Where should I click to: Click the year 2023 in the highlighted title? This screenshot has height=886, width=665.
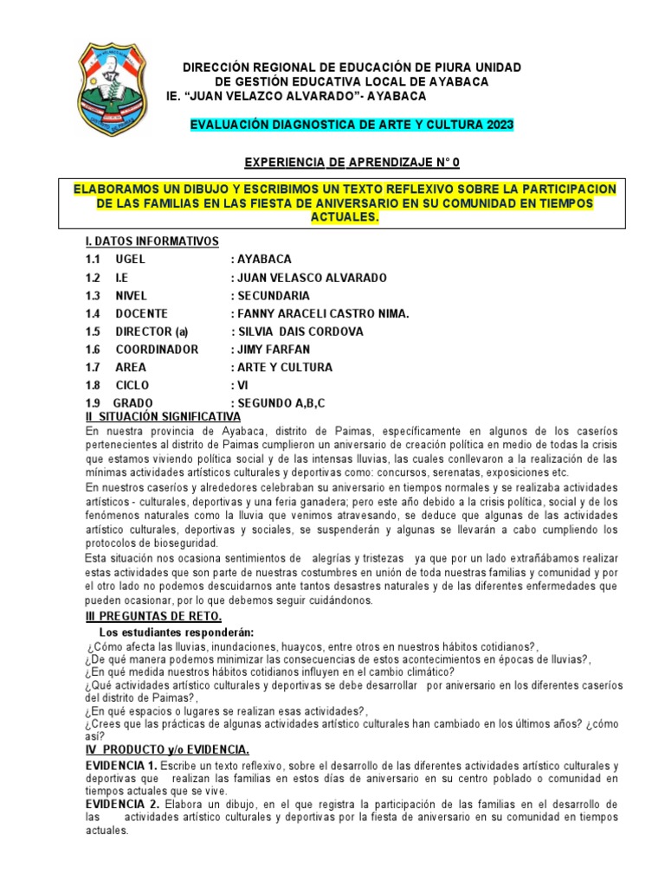click(x=498, y=126)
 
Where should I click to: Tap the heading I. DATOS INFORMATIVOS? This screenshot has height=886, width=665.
click(x=152, y=241)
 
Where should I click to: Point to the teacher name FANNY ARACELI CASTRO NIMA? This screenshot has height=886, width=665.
click(x=319, y=314)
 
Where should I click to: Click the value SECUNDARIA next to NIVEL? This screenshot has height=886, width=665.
click(x=269, y=296)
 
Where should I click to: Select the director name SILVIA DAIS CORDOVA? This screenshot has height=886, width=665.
click(x=297, y=332)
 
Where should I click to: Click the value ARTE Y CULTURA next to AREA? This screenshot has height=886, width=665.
click(x=281, y=368)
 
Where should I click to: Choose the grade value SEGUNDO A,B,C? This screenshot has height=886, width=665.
click(x=281, y=404)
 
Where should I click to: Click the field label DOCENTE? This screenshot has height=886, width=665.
click(x=141, y=314)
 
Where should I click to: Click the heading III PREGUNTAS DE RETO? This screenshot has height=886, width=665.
click(x=153, y=616)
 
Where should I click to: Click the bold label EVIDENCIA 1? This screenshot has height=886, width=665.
click(x=122, y=767)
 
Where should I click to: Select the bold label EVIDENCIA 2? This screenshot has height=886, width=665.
click(x=122, y=805)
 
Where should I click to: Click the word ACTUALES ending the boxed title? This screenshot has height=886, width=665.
click(x=345, y=217)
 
